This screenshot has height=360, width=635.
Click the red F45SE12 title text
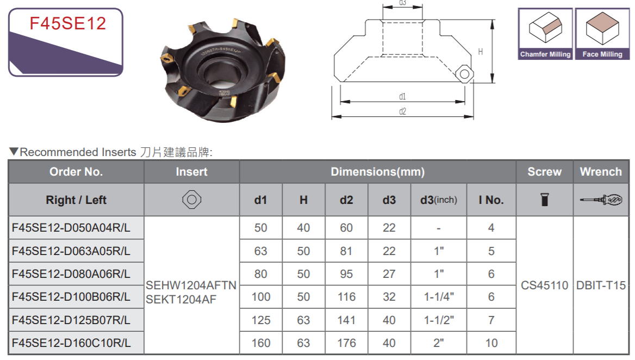(67, 23)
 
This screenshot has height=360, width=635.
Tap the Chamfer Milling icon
(545, 34)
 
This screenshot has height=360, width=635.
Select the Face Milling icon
(602, 34)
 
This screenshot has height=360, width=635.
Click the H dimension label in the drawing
(480, 52)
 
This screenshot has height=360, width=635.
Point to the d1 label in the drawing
(402, 96)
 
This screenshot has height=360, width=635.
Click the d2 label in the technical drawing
(402, 111)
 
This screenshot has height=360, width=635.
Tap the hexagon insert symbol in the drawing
(464, 74)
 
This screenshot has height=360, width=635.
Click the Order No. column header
(76, 172)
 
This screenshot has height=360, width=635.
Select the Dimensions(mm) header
(377, 172)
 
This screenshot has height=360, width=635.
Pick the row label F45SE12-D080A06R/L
(71, 274)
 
